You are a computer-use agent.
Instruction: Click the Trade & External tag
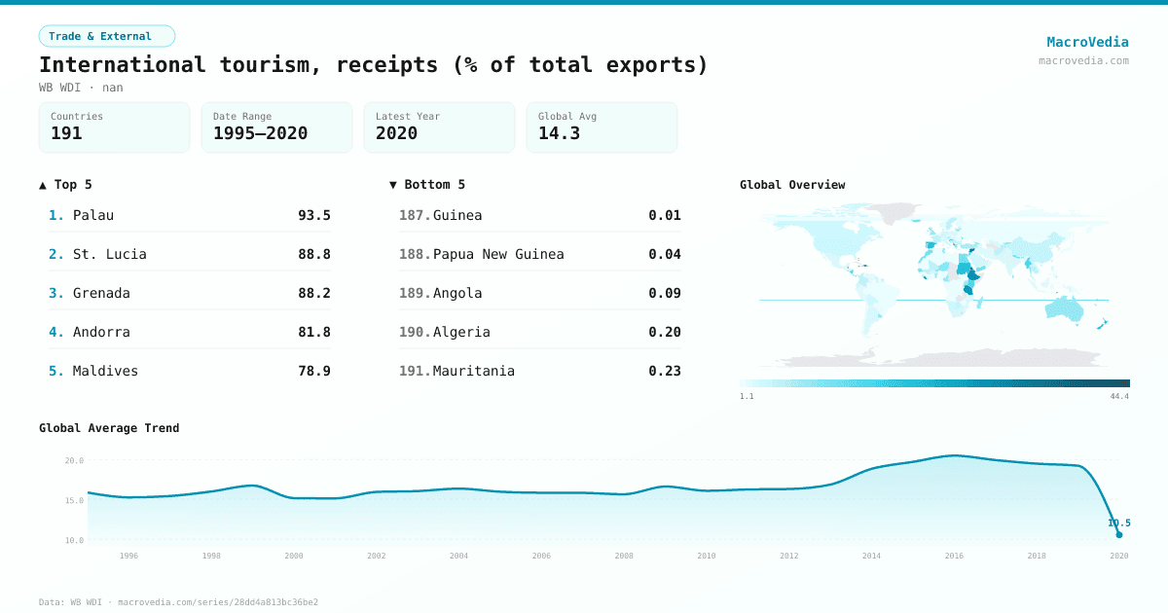tap(106, 36)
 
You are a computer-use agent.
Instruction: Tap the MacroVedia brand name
tap(1087, 42)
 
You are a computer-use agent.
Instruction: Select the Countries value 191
tap(66, 133)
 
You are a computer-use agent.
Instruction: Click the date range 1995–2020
tap(260, 133)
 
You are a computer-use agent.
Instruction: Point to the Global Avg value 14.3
tap(559, 133)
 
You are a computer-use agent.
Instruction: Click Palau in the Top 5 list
tap(93, 215)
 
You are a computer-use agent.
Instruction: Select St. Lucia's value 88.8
tap(313, 254)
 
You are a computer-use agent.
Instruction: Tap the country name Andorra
tap(101, 332)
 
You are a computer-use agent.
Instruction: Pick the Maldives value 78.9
tap(313, 371)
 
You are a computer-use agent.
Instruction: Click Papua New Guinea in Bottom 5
tap(498, 254)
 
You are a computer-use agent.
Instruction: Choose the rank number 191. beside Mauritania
tap(414, 371)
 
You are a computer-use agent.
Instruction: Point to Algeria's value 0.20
tap(665, 332)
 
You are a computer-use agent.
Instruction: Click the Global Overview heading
tap(792, 185)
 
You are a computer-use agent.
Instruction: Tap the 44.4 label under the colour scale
tap(1119, 396)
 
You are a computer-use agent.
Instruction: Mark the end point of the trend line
tap(1119, 534)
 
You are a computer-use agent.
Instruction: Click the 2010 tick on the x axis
tap(707, 556)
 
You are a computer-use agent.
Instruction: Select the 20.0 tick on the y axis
tap(74, 460)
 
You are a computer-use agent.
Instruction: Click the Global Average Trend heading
tap(109, 428)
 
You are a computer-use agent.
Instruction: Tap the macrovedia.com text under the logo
tap(1083, 60)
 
